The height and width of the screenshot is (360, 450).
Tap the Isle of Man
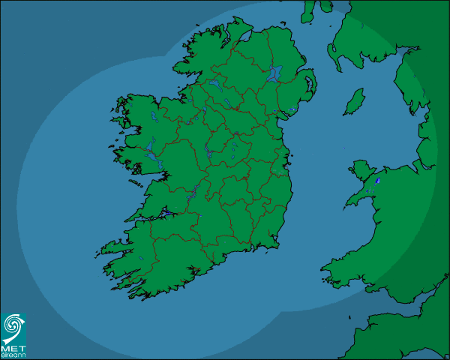354,101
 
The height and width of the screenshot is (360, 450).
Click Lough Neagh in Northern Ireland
275,73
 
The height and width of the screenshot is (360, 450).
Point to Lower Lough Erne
212,83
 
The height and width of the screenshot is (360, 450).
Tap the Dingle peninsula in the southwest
112,247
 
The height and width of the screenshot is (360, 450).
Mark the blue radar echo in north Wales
377,180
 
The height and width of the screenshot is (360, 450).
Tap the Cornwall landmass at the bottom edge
390,337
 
